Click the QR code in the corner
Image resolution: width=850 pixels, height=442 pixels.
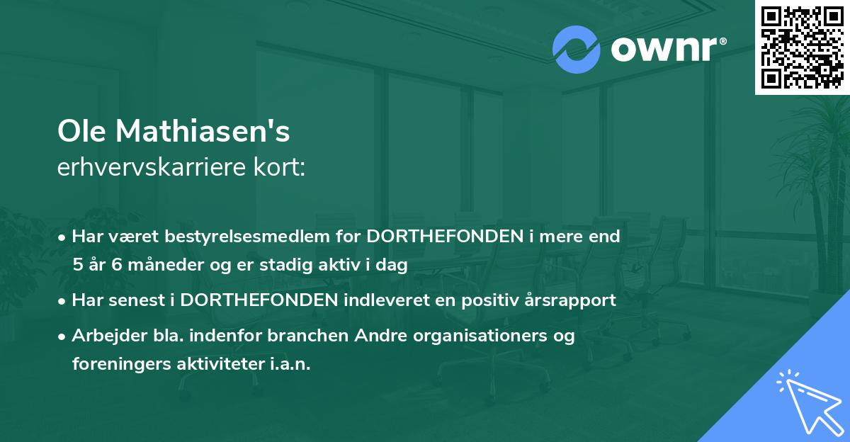click(x=802, y=47)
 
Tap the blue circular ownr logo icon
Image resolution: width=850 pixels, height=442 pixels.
click(x=577, y=50)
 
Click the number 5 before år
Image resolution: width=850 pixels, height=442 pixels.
click(x=77, y=265)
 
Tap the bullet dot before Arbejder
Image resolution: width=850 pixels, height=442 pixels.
click(x=63, y=336)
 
